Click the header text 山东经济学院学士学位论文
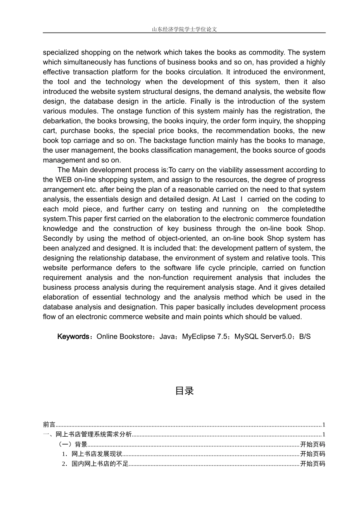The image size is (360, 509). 184,29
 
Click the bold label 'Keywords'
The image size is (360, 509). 73,337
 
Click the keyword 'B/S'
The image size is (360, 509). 305,337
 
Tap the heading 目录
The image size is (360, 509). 184,391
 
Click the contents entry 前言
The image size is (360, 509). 49,425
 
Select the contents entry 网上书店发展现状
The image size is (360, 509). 97,454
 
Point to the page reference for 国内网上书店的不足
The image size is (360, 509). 312,464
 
